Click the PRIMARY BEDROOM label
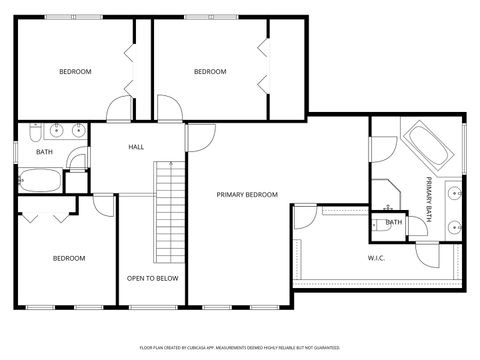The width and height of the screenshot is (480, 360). (x=247, y=195)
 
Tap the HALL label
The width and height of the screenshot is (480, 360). (x=137, y=147)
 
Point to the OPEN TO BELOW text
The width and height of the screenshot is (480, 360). (x=152, y=278)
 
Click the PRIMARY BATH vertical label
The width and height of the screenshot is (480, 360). (x=429, y=191)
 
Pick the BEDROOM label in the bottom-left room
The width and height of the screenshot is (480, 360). (x=69, y=258)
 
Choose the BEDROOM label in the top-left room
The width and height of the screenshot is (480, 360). (x=75, y=71)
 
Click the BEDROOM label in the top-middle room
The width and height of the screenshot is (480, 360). (x=210, y=71)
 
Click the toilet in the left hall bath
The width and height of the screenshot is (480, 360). (x=35, y=132)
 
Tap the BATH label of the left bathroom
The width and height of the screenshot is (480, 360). (x=44, y=152)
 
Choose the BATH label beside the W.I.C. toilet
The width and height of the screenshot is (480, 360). (x=394, y=222)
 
